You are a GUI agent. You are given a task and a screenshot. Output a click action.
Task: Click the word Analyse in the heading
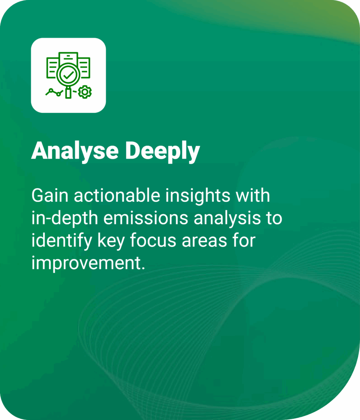tap(75, 151)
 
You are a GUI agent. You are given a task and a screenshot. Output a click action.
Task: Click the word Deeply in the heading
tap(163, 151)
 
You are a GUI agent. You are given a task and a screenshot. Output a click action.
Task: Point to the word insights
tap(197, 196)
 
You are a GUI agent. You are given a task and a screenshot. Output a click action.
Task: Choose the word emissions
tap(146, 218)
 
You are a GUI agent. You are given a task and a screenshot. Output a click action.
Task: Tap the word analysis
tap(227, 219)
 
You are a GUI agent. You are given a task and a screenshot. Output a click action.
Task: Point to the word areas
tap(204, 241)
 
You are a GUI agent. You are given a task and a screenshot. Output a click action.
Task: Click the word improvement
tap(88, 264)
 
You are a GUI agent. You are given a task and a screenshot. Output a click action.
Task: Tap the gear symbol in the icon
tap(85, 92)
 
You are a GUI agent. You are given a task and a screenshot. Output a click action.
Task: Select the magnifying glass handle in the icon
tap(69, 93)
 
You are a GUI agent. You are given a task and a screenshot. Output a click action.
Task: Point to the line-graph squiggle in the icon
tap(55, 92)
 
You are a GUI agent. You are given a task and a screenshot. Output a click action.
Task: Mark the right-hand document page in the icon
tap(85, 68)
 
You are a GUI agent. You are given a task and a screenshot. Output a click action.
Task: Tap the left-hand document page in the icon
tap(53, 68)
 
